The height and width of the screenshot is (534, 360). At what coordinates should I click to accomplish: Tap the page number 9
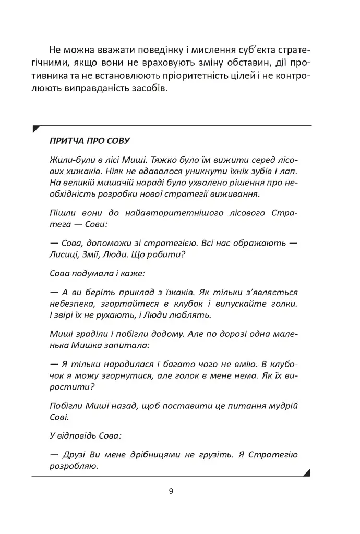pos(171,491)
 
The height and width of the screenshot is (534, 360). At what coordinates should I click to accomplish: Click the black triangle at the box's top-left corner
pos(35,128)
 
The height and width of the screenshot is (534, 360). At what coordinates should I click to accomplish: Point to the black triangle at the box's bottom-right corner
pos(307,472)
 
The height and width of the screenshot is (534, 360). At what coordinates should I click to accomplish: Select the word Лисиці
pos(64,256)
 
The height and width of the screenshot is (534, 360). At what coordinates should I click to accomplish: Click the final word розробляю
pos(74,467)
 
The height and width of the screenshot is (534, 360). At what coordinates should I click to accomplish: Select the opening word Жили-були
pos(70,159)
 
